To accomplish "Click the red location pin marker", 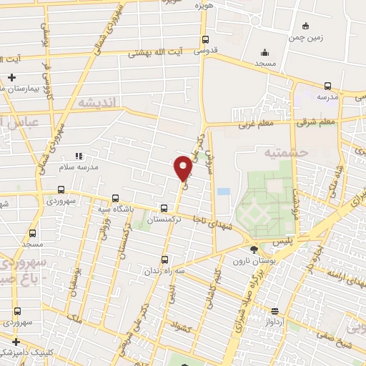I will coord(183,168).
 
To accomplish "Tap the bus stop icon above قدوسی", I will coord(206,40).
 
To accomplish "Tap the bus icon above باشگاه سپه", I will coord(116,199).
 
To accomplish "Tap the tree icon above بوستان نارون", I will coord(254,249).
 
